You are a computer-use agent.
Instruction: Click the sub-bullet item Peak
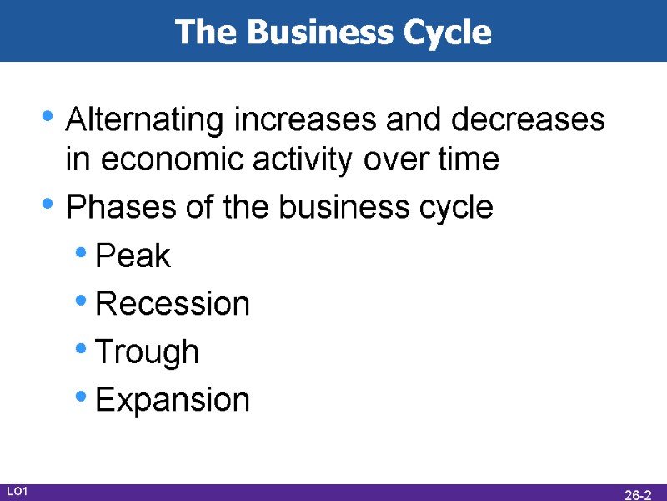133,256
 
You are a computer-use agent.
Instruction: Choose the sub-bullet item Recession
173,304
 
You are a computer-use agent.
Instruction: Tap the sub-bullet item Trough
148,352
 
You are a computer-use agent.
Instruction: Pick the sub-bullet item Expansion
173,400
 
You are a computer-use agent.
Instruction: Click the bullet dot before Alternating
49,117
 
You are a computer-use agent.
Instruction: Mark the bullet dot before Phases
49,203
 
